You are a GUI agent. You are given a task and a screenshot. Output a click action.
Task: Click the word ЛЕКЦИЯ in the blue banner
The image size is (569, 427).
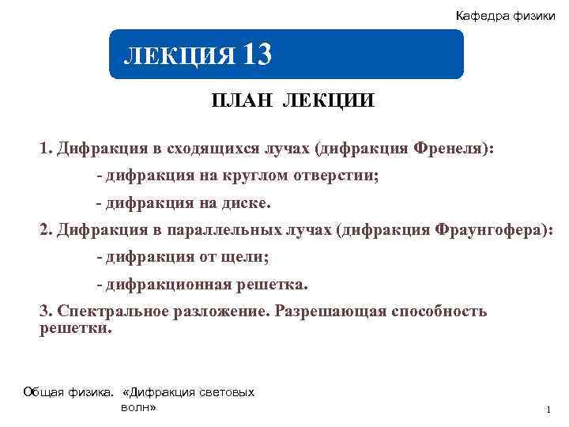point(179,56)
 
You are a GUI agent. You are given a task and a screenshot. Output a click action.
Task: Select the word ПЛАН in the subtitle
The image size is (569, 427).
point(237,101)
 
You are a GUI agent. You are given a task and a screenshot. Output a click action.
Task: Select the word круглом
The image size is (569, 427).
point(267,176)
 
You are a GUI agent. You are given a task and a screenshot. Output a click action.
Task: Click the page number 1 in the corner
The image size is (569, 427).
point(547,409)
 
